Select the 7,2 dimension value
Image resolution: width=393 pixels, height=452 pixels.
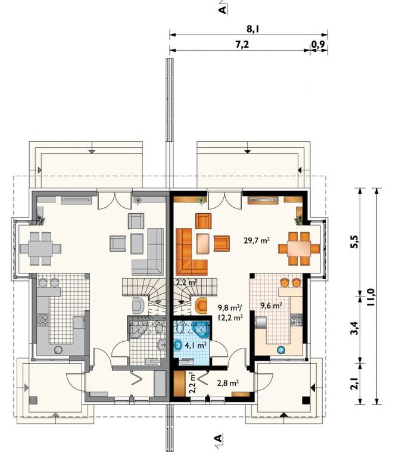(x=242, y=45)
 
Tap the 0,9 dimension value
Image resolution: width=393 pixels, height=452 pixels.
(x=318, y=45)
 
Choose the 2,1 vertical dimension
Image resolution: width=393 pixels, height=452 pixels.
(x=355, y=384)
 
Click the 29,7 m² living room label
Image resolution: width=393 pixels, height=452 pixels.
(x=257, y=240)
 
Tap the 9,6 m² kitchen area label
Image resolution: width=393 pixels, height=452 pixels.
(x=271, y=306)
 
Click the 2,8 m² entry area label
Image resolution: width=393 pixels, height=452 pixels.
(x=228, y=383)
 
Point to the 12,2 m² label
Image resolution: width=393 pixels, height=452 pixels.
(x=230, y=318)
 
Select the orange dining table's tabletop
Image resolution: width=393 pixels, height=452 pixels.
(x=299, y=248)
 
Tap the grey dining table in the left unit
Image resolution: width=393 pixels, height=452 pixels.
(x=40, y=248)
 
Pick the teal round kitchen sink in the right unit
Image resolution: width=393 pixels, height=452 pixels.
(x=281, y=350)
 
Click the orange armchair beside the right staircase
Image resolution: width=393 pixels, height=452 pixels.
(x=201, y=306)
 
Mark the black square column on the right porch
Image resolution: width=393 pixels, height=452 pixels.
(x=305, y=400)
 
